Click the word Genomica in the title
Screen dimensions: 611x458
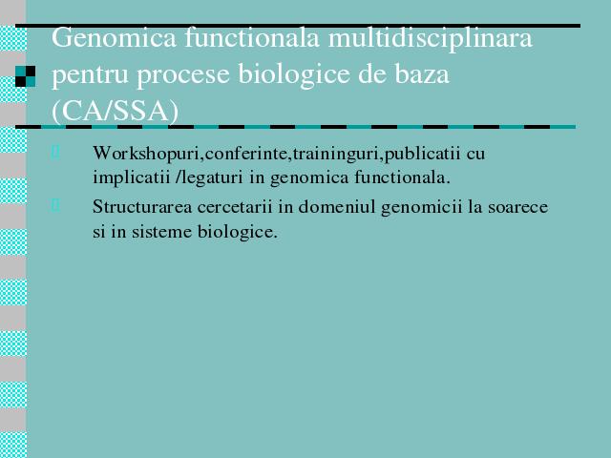pyautogui.click(x=114, y=37)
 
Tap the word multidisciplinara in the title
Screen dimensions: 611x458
pyautogui.click(x=431, y=37)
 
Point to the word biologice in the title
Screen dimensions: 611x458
pyautogui.click(x=294, y=74)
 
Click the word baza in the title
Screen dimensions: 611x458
pyautogui.click(x=422, y=74)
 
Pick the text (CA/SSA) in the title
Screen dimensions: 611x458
pyautogui.click(x=115, y=111)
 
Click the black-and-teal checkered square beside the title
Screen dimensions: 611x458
pyautogui.click(x=26, y=76)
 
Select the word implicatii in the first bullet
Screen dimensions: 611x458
pyautogui.click(x=132, y=177)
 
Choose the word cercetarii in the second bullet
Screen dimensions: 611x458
pyautogui.click(x=235, y=207)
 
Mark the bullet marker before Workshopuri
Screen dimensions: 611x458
pyautogui.click(x=55, y=153)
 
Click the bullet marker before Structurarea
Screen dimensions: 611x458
pyautogui.click(x=55, y=205)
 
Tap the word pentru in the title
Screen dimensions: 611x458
pyautogui.click(x=90, y=75)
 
